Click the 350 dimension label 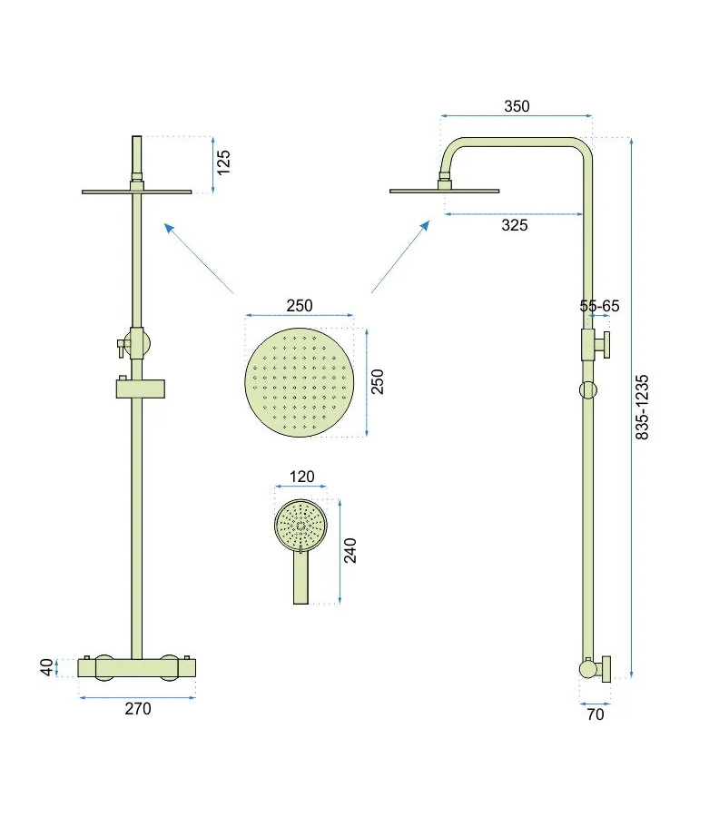click(x=517, y=106)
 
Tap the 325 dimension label click(x=514, y=225)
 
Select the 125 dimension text click(x=223, y=162)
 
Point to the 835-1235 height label click(x=642, y=407)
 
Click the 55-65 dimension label click(x=600, y=306)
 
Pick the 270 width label click(x=138, y=709)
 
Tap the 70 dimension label click(x=595, y=714)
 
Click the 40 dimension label click(x=47, y=667)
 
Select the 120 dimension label click(x=301, y=477)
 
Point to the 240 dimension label click(x=350, y=551)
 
